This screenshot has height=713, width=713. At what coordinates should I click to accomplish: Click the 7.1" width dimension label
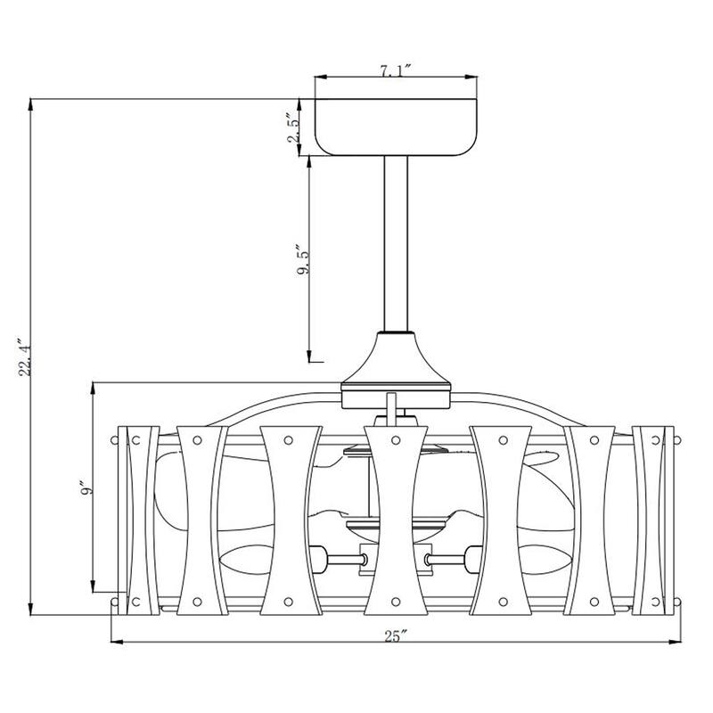pyautogui.click(x=395, y=71)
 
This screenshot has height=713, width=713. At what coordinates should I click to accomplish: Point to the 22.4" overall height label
pyautogui.click(x=25, y=357)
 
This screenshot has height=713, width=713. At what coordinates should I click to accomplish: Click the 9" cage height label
pyautogui.click(x=86, y=487)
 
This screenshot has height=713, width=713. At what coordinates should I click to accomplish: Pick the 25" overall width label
pyautogui.click(x=394, y=636)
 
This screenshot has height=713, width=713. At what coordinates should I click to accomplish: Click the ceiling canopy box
pyautogui.click(x=396, y=127)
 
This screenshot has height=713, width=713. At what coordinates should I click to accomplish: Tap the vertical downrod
pyautogui.click(x=396, y=243)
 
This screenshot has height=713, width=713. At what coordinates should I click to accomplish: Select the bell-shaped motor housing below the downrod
pyautogui.click(x=396, y=360)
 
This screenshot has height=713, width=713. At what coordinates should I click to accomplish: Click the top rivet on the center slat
pyautogui.click(x=396, y=440)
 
